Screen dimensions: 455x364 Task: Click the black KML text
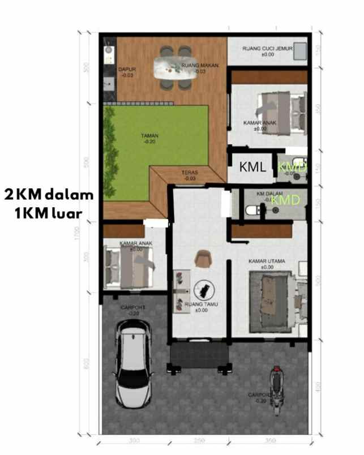click(x=252, y=168)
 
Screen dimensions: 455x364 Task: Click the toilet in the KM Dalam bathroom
click(x=252, y=211)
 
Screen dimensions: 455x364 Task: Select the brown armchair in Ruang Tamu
click(x=202, y=259)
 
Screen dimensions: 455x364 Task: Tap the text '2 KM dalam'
click(x=49, y=195)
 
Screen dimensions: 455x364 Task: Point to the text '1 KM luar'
click(x=49, y=213)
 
